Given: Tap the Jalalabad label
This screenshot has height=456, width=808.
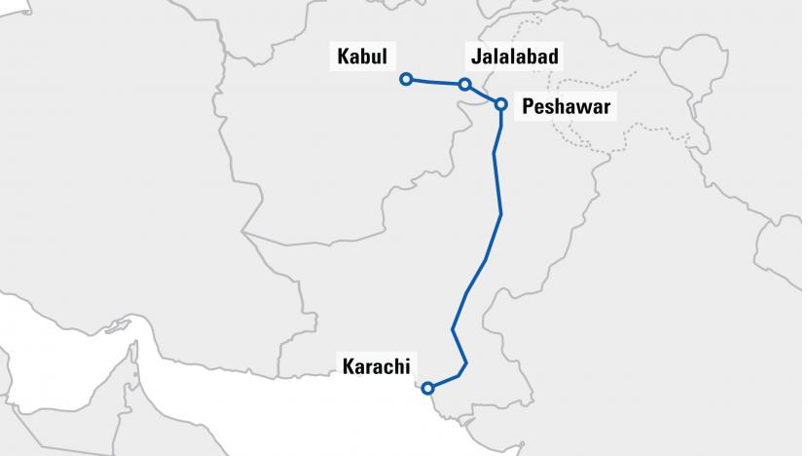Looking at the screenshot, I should pyautogui.click(x=513, y=57).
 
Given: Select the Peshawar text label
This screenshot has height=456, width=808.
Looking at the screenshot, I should pyautogui.click(x=566, y=107).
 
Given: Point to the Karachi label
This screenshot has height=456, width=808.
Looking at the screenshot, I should pyautogui.click(x=376, y=367).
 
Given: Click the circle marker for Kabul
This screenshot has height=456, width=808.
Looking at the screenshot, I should pyautogui.click(x=406, y=79).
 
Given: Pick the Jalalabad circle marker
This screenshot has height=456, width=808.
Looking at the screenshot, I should pyautogui.click(x=465, y=85).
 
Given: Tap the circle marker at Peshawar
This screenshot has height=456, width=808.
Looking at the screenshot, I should pyautogui.click(x=500, y=103).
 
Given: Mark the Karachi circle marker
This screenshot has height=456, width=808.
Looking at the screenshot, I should pyautogui.click(x=428, y=388).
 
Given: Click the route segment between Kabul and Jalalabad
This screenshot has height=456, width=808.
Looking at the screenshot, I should pyautogui.click(x=435, y=82).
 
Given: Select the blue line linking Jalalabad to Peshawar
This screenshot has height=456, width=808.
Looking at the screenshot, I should pyautogui.click(x=483, y=95).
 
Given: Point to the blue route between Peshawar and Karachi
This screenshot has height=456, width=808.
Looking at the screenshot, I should pyautogui.click(x=499, y=214).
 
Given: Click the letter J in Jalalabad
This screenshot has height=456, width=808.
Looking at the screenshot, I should pyautogui.click(x=473, y=57).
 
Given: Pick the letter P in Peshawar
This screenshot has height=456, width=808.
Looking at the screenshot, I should pyautogui.click(x=529, y=107).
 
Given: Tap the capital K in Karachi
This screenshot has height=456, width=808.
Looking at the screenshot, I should pyautogui.click(x=348, y=367).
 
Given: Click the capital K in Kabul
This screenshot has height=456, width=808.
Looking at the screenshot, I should pyautogui.click(x=342, y=57).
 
